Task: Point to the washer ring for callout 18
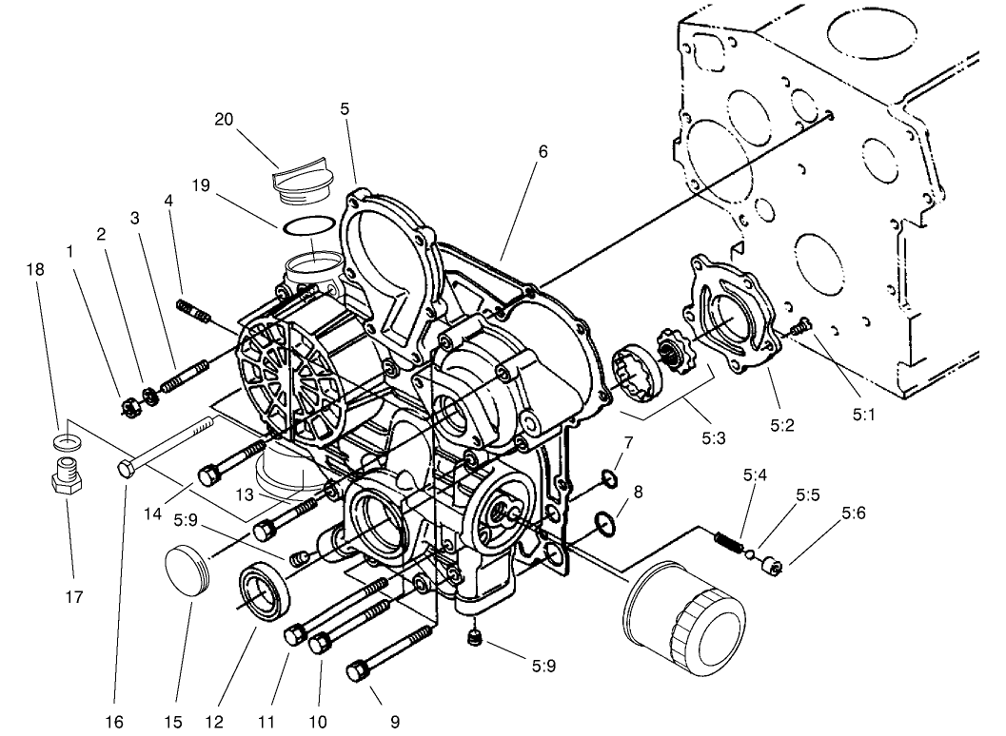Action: (x=65, y=440)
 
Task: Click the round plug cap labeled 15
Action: (x=187, y=570)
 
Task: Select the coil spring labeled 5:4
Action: (x=729, y=542)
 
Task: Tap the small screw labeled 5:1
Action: (x=803, y=326)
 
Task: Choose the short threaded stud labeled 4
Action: (x=193, y=309)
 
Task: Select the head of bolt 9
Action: (x=358, y=671)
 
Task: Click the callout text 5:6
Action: (x=853, y=513)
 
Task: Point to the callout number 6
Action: (x=542, y=151)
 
